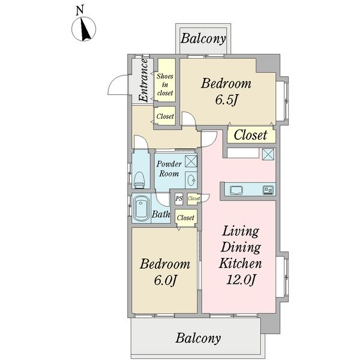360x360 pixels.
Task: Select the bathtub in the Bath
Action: pyautogui.click(x=141, y=208)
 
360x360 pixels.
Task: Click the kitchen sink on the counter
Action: pyautogui.click(x=236, y=190)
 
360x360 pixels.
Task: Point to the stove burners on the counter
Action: pyautogui.click(x=268, y=190)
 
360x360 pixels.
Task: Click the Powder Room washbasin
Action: pyautogui.click(x=191, y=180)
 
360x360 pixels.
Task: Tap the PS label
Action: pyautogui.click(x=179, y=198)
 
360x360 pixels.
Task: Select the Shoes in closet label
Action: pyautogui.click(x=165, y=85)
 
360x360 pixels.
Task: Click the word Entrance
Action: pyautogui.click(x=144, y=80)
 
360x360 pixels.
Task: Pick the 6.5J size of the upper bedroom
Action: pyautogui.click(x=226, y=100)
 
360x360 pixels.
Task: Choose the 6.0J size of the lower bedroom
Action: pyautogui.click(x=165, y=280)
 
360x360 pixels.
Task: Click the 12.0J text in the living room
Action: pyautogui.click(x=241, y=280)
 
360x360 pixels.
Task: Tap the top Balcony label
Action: pyautogui.click(x=203, y=38)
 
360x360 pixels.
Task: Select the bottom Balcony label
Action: pyautogui.click(x=198, y=338)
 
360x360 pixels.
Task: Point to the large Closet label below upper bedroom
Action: pyautogui.click(x=250, y=135)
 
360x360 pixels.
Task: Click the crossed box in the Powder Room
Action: pyautogui.click(x=191, y=161)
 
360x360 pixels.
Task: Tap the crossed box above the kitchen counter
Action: pyautogui.click(x=268, y=154)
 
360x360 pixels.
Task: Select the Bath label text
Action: pyautogui.click(x=161, y=214)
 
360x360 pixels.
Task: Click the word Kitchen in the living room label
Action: pyautogui.click(x=241, y=263)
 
